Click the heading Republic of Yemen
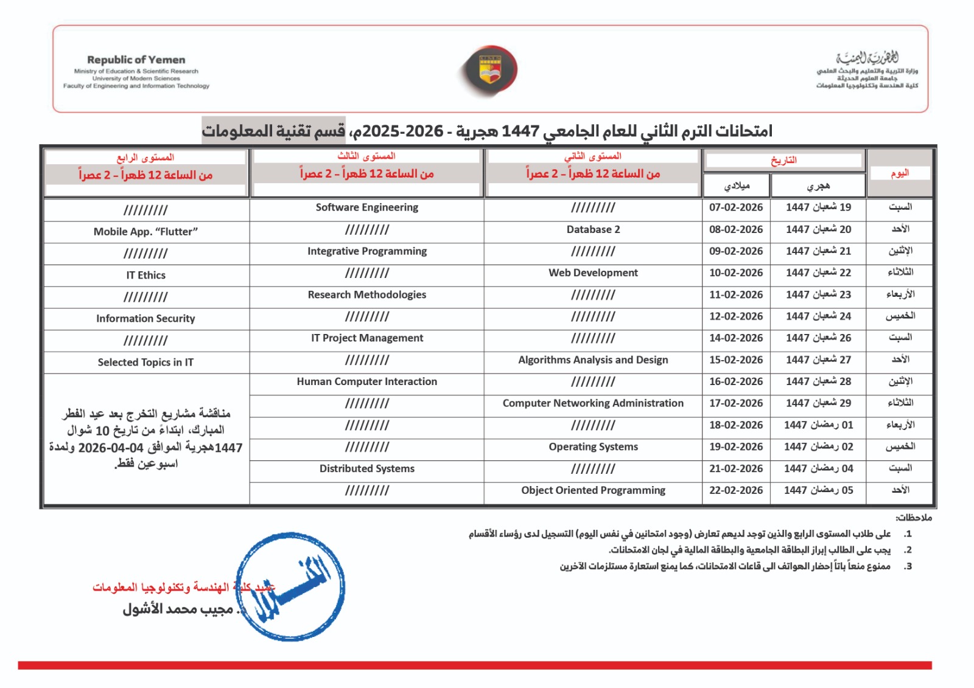coord(136,60)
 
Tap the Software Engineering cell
coord(366,207)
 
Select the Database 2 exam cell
coord(593,229)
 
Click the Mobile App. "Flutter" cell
coord(145,232)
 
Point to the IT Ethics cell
coord(145,275)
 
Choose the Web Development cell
coord(593,273)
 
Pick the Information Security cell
coord(145,319)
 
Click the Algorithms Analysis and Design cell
coord(593,360)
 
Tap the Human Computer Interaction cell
coord(366,381)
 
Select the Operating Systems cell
coord(593,447)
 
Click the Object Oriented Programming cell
coord(593,490)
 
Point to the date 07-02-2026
coord(735,207)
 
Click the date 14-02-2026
coord(735,338)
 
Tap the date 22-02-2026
coord(735,490)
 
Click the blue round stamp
coord(290,586)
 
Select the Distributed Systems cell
coord(366,469)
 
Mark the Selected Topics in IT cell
coord(145,363)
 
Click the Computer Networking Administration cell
coord(593,403)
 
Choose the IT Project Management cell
coord(366,338)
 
